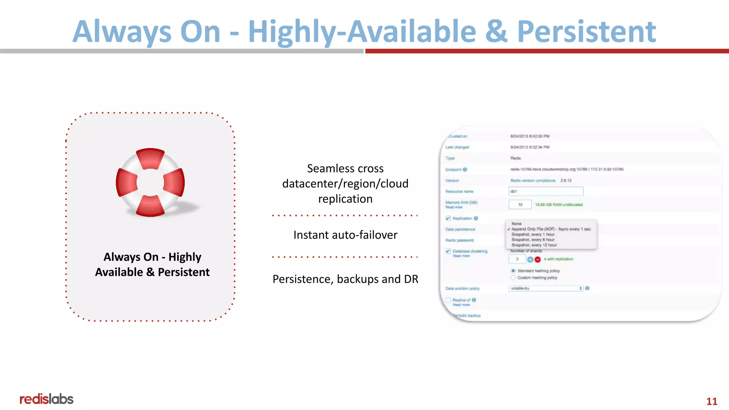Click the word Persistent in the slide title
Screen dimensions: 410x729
586,31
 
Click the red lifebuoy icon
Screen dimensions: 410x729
150,182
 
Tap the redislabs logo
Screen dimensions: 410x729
46,399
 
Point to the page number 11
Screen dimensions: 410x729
712,401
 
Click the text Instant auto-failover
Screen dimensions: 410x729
345,235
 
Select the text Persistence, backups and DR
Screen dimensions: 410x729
345,279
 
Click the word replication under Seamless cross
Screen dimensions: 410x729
345,199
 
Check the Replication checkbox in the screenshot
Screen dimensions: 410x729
448,218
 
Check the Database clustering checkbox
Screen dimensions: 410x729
448,251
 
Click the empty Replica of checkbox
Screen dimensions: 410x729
448,300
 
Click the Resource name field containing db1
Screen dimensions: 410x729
546,191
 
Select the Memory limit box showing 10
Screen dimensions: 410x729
520,205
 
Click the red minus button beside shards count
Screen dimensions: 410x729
537,259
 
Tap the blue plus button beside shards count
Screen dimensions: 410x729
530,259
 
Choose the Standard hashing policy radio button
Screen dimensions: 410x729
513,271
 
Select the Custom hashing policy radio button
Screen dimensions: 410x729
513,278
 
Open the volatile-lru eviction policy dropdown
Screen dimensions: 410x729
546,288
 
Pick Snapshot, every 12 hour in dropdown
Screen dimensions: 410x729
534,245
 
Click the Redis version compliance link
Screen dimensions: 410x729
533,180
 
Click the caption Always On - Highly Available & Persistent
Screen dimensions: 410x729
152,264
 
